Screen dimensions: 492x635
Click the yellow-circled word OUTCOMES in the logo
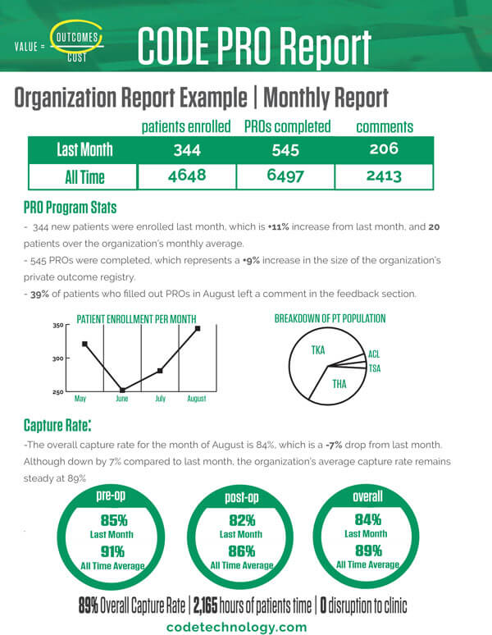click(x=77, y=38)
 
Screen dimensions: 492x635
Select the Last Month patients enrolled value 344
click(x=187, y=150)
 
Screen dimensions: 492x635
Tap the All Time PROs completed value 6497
click(x=285, y=176)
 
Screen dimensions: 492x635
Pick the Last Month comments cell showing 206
click(x=384, y=148)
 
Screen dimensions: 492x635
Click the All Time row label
click(x=84, y=177)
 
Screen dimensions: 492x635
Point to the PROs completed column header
click(x=287, y=127)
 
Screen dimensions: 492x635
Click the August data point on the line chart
click(x=198, y=328)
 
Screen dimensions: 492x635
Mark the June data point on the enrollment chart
click(x=122, y=391)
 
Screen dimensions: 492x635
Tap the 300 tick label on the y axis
click(x=58, y=359)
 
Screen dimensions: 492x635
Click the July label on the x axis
click(x=160, y=399)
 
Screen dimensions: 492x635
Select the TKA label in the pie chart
click(x=318, y=349)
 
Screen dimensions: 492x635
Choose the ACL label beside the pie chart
click(x=374, y=354)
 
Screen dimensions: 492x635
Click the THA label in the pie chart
click(x=339, y=383)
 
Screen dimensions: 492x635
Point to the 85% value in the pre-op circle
click(x=114, y=520)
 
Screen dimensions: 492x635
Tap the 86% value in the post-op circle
click(x=242, y=551)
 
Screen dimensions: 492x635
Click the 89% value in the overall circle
click(x=368, y=550)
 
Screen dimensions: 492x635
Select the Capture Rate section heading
click(x=57, y=425)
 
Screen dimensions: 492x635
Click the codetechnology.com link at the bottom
click(x=236, y=627)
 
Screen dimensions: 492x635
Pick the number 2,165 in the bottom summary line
click(x=205, y=605)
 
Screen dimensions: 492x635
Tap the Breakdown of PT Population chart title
click(x=330, y=318)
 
